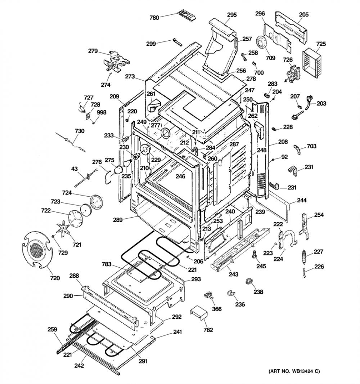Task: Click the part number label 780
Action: click(x=154, y=17)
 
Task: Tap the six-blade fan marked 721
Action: click(x=63, y=229)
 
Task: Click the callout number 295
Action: click(x=232, y=15)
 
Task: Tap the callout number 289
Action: click(x=117, y=220)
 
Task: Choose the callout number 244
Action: click(x=302, y=200)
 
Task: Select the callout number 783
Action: click(x=107, y=264)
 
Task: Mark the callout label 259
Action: click(x=52, y=329)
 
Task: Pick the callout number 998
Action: click(x=102, y=112)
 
